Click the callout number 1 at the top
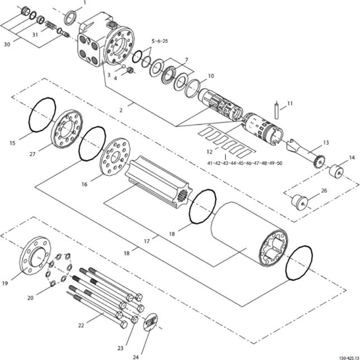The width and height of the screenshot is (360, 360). tap(84, 3)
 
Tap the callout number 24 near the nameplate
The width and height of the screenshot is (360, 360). tap(136, 357)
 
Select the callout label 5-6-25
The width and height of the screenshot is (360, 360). tap(160, 41)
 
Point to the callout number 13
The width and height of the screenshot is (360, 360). tap(326, 143)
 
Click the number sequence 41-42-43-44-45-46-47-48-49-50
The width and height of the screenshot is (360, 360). tap(245, 163)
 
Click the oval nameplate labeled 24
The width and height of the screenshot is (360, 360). tap(151, 322)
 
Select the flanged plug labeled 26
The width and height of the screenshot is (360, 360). tap(299, 202)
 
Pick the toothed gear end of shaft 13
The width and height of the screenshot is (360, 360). tap(319, 161)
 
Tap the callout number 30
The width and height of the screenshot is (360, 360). tap(7, 44)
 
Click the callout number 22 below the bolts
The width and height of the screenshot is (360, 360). tap(81, 325)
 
